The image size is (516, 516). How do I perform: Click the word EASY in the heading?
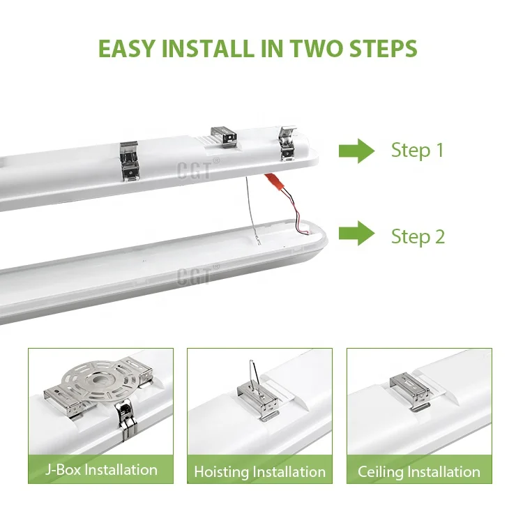point(126,49)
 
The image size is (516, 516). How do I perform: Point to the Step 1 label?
point(417,150)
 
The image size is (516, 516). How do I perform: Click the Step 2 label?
point(418,236)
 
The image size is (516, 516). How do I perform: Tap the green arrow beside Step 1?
point(357,151)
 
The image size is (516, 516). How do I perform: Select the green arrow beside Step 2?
point(357,233)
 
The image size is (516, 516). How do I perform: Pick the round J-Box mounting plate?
point(99,381)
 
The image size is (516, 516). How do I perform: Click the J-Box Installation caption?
point(101,469)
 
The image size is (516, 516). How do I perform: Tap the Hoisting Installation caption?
point(259,471)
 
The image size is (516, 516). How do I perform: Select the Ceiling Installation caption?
point(419,471)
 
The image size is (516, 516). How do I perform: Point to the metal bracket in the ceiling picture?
point(410,391)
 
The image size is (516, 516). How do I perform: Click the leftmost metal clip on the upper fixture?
point(129,161)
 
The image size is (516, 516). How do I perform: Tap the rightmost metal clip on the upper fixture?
point(287,143)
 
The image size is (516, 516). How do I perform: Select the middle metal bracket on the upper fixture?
point(224,136)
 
